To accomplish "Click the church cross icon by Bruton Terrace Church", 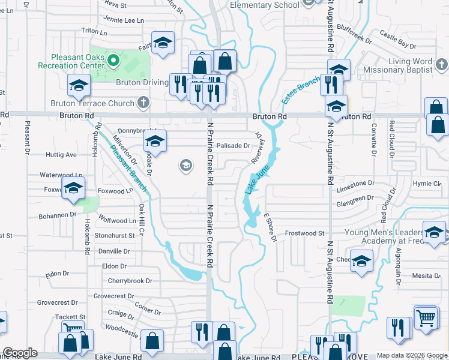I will coord(143,103).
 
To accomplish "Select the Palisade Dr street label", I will coord(233,145).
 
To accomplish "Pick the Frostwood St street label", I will coord(304,233).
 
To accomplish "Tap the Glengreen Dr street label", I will coord(360,200).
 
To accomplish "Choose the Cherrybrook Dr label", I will coord(130,280).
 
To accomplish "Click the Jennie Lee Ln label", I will coord(124,20).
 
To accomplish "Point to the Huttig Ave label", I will coord(61,154).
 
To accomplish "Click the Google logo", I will coord(20,353).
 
